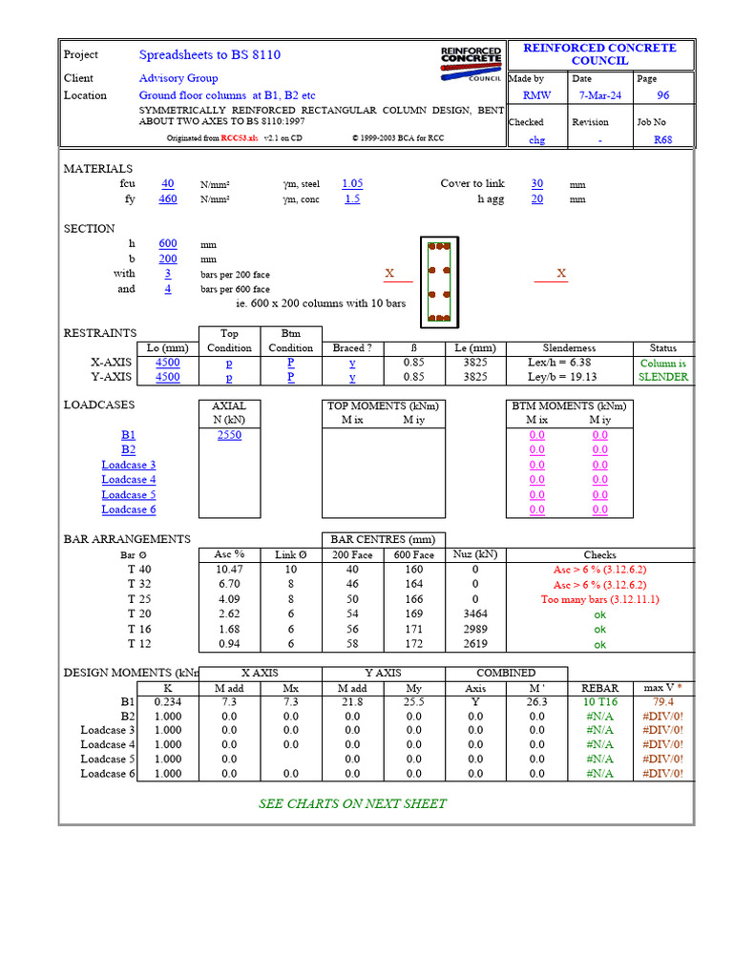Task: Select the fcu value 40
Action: click(x=168, y=183)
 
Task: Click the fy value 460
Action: click(x=168, y=198)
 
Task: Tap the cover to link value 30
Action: click(x=537, y=183)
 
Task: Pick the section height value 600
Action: click(x=168, y=243)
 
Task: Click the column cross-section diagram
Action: click(x=440, y=281)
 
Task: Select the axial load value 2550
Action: click(x=229, y=435)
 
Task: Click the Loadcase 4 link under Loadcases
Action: click(x=129, y=480)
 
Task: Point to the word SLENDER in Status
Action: click(x=663, y=377)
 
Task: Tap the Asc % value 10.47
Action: click(x=230, y=569)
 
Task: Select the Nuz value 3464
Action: click(x=474, y=614)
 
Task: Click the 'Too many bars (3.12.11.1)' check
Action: click(x=599, y=599)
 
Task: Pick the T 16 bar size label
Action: click(x=139, y=630)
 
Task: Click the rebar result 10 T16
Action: click(x=599, y=701)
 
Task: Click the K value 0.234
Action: click(x=167, y=701)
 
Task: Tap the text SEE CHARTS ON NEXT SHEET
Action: click(x=352, y=803)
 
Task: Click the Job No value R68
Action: click(x=662, y=139)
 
